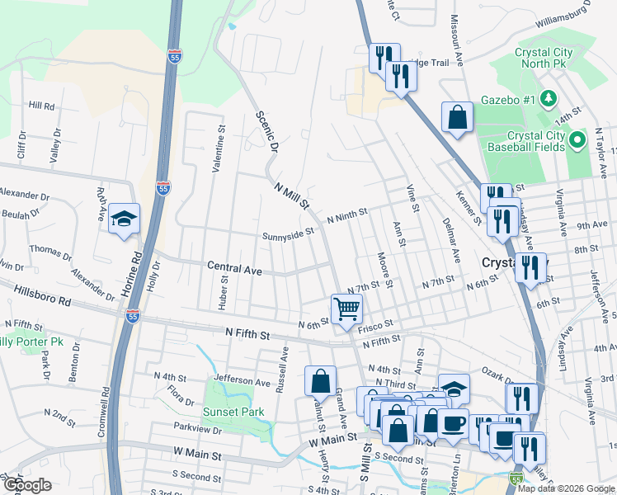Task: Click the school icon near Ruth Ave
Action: coord(125,219)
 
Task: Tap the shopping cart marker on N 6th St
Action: coord(347,309)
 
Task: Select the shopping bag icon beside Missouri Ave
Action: coord(457,117)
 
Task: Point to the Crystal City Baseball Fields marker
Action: coord(578,141)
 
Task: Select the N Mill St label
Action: coord(292,191)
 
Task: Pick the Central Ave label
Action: coord(234,270)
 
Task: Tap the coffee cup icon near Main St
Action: coord(452,424)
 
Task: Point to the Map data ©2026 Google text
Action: coord(565,488)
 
